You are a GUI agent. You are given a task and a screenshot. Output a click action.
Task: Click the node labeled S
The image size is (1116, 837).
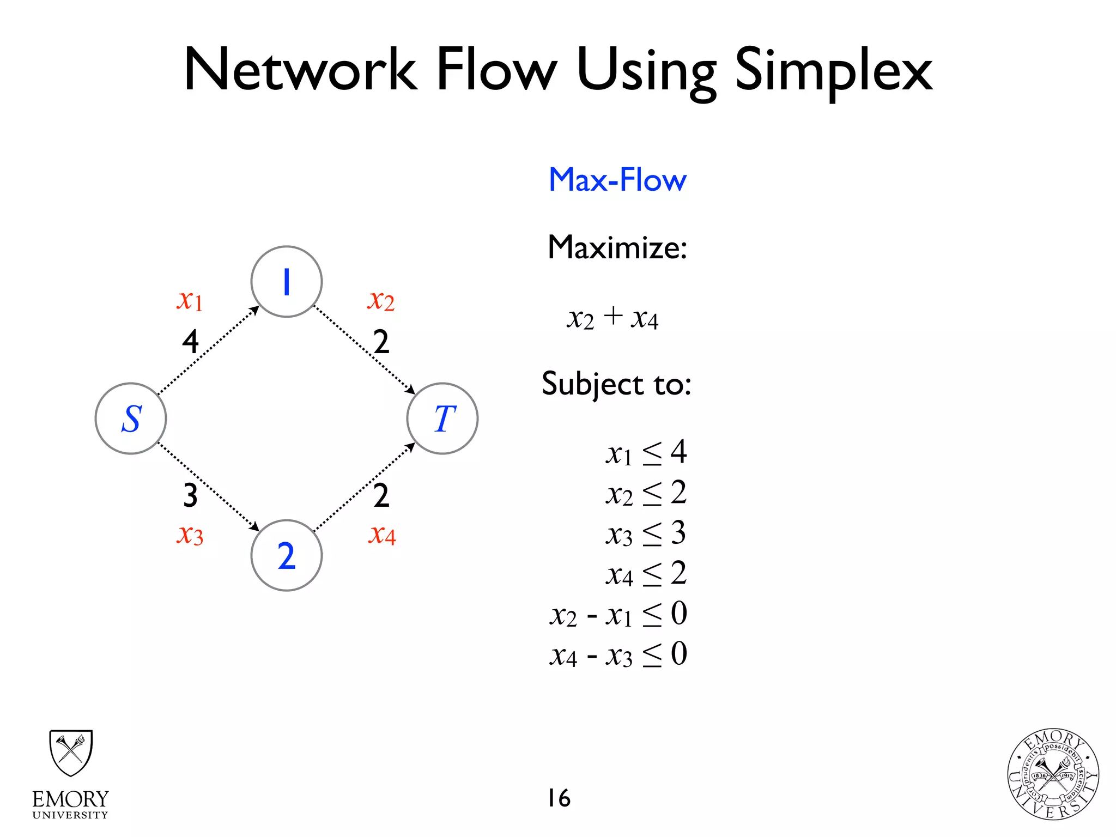pyautogui.click(x=131, y=418)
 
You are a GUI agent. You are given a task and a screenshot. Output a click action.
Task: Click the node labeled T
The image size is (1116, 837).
pyautogui.click(x=442, y=418)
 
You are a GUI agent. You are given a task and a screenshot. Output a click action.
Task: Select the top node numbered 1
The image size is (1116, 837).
pyautogui.click(x=287, y=282)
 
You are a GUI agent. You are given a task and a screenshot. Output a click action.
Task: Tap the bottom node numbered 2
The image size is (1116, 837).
pyautogui.click(x=287, y=555)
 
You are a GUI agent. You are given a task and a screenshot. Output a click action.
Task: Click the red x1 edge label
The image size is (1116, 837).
pyautogui.click(x=190, y=300)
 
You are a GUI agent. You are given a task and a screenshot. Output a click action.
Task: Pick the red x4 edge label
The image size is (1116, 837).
pyautogui.click(x=381, y=535)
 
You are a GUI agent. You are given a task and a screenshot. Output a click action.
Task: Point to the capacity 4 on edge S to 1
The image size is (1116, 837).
pyautogui.click(x=190, y=342)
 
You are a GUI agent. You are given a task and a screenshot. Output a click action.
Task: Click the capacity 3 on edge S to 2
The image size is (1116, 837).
pyautogui.click(x=190, y=495)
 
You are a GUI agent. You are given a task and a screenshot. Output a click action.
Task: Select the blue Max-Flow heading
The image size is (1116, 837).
pyautogui.click(x=617, y=180)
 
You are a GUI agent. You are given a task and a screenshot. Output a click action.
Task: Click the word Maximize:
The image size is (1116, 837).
pyautogui.click(x=617, y=247)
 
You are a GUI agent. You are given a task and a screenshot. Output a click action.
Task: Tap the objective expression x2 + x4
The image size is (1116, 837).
pyautogui.click(x=612, y=318)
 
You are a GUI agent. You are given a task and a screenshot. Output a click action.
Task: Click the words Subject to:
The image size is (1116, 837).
pyautogui.click(x=616, y=384)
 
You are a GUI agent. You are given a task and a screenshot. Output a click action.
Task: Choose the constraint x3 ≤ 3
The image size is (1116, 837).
pyautogui.click(x=646, y=533)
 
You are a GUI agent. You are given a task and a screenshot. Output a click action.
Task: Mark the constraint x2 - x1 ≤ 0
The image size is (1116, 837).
pyautogui.click(x=618, y=615)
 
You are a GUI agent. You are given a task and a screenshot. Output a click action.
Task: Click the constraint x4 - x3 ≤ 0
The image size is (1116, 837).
pyautogui.click(x=618, y=655)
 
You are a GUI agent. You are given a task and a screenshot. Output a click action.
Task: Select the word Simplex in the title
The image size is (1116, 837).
pyautogui.click(x=834, y=71)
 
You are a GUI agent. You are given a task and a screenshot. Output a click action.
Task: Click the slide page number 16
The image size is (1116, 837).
pyautogui.click(x=559, y=798)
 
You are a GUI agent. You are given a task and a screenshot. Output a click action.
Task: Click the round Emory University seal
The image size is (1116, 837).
pyautogui.click(x=1053, y=774)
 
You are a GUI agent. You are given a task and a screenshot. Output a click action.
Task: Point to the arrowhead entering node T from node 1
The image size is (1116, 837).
pyautogui.click(x=411, y=390)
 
